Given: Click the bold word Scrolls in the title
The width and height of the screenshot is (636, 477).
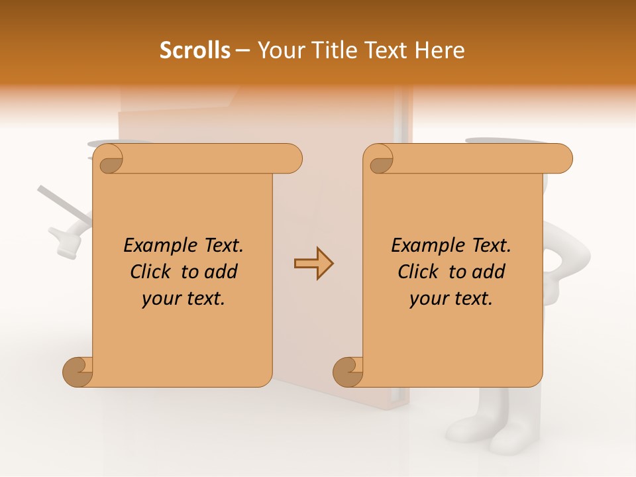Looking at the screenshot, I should (x=195, y=50).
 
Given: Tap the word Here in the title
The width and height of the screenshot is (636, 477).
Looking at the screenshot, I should (x=439, y=50).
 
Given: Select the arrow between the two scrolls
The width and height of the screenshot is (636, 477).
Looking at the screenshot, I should (x=313, y=264).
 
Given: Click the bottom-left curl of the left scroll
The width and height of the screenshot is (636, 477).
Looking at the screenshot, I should (x=78, y=372).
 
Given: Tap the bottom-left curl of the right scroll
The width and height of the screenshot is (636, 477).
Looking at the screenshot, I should (x=348, y=372).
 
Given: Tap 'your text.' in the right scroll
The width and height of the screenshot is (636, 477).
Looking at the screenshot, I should (x=451, y=298).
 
